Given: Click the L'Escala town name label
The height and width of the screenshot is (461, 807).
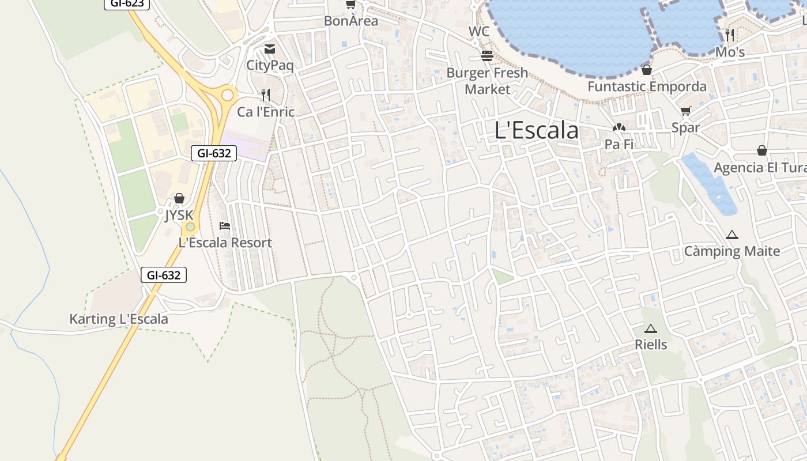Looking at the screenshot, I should (x=537, y=131).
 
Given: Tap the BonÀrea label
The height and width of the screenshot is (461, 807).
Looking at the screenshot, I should (x=351, y=21).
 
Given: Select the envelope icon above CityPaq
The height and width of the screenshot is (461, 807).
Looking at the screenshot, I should (x=270, y=49).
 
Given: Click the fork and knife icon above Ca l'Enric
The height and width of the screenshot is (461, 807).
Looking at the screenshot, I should (x=266, y=95).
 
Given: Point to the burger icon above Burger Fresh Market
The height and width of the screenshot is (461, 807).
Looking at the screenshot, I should (x=487, y=56).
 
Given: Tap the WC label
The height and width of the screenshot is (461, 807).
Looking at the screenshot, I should (x=479, y=32).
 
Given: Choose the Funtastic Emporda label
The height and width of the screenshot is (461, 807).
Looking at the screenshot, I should (x=647, y=86).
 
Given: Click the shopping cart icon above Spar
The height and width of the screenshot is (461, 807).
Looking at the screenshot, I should (x=685, y=111).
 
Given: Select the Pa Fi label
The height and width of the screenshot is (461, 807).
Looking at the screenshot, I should (x=619, y=144).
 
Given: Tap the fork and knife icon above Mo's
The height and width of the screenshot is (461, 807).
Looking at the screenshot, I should (x=730, y=35).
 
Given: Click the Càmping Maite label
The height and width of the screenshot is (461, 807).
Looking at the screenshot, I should (x=731, y=251).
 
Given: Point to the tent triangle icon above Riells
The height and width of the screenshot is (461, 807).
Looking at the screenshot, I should (x=651, y=329).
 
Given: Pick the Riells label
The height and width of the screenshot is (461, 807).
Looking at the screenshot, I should (x=651, y=345).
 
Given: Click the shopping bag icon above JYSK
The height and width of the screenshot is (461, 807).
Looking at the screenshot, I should (x=179, y=199).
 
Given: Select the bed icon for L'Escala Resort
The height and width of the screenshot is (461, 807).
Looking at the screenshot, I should (x=225, y=226).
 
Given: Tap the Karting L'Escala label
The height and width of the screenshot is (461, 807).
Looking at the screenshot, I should (x=119, y=319).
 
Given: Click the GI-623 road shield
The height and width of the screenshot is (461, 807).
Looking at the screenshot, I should (x=127, y=3).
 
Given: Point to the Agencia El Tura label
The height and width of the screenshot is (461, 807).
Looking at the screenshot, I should (x=760, y=168).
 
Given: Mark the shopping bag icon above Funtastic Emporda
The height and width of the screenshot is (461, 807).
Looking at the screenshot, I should (x=647, y=70).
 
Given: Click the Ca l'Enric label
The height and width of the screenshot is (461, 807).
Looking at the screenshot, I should (x=266, y=112).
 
